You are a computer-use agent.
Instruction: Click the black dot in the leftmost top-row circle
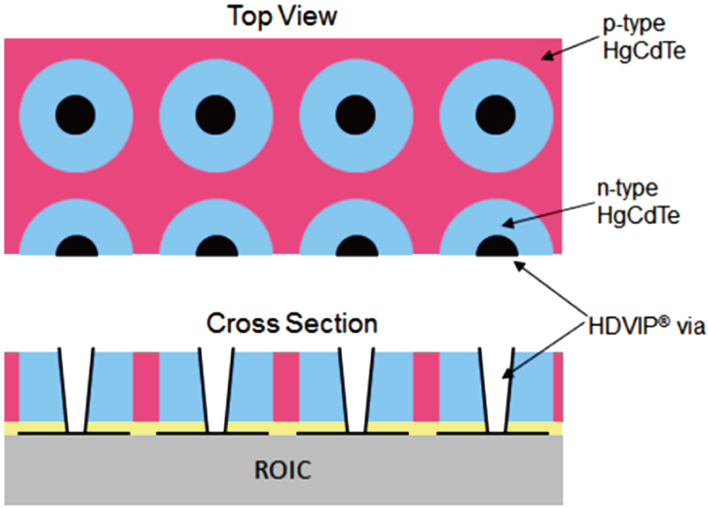coord(75,115)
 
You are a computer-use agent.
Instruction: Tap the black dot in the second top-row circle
coord(215,115)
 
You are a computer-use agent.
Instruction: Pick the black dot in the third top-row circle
coord(355,115)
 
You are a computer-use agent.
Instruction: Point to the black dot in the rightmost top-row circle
coord(497,115)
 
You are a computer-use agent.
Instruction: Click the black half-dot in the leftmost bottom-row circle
coord(75,245)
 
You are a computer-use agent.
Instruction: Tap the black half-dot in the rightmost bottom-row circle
coord(497,245)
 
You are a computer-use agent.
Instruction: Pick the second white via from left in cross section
coord(215,389)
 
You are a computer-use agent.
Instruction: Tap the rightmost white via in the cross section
coord(497,389)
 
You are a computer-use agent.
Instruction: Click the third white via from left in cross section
coord(356,389)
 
